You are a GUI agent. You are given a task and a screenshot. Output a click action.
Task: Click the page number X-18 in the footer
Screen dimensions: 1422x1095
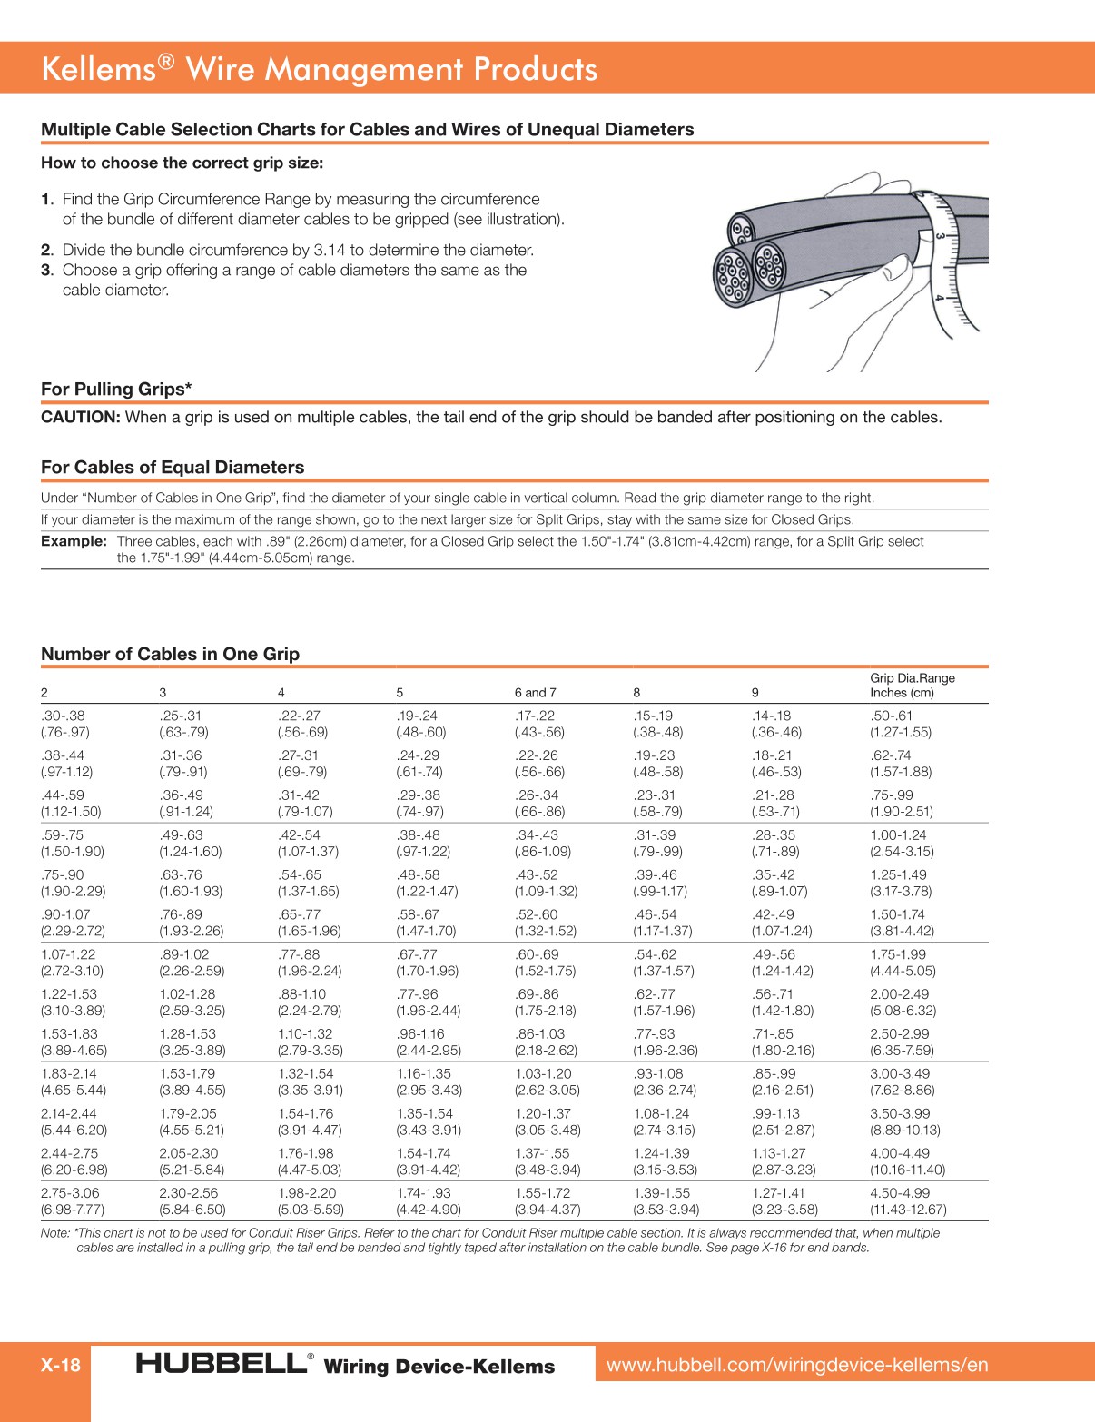pyautogui.click(x=60, y=1365)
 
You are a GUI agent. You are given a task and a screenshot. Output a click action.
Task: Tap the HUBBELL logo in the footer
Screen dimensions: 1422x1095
pyautogui.click(x=222, y=1364)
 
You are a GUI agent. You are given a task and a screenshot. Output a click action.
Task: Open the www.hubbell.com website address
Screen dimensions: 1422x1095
pyautogui.click(x=796, y=1364)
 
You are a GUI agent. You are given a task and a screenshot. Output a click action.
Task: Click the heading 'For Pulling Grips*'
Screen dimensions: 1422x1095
pyautogui.click(x=116, y=389)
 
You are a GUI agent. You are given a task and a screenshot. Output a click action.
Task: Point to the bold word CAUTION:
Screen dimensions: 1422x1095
pyautogui.click(x=80, y=417)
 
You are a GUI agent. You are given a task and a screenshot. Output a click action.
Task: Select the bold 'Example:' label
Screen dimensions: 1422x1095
pyautogui.click(x=74, y=541)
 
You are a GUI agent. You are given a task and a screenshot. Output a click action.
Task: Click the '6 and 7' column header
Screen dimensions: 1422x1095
pyautogui.click(x=535, y=692)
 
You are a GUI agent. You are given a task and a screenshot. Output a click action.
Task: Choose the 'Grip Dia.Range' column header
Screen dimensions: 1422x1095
pyautogui.click(x=912, y=678)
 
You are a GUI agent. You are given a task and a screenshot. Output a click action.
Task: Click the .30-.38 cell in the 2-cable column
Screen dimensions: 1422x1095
pyautogui.click(x=63, y=716)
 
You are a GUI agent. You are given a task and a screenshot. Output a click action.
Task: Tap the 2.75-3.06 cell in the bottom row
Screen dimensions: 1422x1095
pyautogui.click(x=70, y=1193)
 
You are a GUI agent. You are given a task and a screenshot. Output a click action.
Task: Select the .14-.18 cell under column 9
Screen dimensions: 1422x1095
pyautogui.click(x=771, y=716)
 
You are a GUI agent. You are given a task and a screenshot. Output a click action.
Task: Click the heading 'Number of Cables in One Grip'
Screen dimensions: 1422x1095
pyautogui.click(x=170, y=654)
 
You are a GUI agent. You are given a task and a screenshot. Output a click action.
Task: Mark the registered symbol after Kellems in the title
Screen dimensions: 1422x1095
pyautogui.click(x=164, y=61)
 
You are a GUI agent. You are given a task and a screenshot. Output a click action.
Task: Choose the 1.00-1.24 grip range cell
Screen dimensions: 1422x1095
pyautogui.click(x=899, y=835)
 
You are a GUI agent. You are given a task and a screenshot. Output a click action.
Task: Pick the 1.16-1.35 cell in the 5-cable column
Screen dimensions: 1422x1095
pyautogui.click(x=423, y=1073)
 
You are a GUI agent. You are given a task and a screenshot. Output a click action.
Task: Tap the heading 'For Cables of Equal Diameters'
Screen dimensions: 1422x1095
pyautogui.click(x=173, y=467)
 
